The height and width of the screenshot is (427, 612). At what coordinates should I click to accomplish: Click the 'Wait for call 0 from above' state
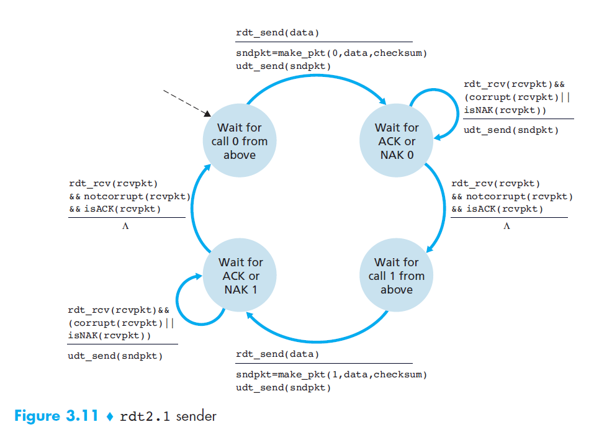pos(239,141)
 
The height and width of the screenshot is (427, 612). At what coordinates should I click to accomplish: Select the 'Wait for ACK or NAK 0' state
pos(397,141)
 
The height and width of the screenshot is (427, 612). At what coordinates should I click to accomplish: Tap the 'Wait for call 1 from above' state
pos(397,276)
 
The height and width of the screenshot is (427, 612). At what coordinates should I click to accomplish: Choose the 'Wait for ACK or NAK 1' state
pos(240,276)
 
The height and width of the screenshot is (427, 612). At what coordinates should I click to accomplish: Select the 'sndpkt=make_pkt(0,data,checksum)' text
pos(331,53)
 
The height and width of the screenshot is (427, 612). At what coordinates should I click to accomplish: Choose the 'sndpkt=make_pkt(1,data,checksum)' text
pos(331,375)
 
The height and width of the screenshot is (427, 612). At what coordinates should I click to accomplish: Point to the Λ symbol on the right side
pos(506,226)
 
